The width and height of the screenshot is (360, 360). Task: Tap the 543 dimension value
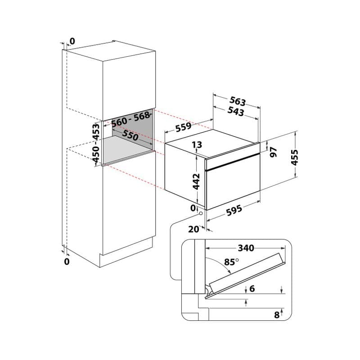(x=235, y=111)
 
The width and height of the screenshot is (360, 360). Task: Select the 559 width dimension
(x=184, y=127)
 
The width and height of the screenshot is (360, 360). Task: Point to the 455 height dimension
(x=294, y=157)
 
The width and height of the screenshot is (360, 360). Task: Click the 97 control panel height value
(x=273, y=152)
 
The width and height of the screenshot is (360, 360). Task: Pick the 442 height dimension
(x=196, y=181)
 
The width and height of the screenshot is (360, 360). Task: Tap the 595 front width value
(x=234, y=211)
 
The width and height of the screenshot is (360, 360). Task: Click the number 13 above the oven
(x=197, y=144)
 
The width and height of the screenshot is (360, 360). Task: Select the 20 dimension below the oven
(x=193, y=229)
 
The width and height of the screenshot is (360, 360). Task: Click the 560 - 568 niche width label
(x=130, y=120)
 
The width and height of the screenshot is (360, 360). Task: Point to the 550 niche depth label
(x=130, y=135)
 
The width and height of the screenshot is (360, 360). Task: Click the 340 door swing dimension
(x=246, y=248)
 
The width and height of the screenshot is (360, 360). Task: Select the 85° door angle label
(x=231, y=262)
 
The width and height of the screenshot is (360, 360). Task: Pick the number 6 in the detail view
(x=252, y=288)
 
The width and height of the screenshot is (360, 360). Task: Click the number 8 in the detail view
(x=277, y=315)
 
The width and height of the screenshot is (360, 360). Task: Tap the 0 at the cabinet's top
(x=72, y=41)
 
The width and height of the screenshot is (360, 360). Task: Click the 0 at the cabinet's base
(x=67, y=261)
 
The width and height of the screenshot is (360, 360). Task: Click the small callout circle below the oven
(x=201, y=213)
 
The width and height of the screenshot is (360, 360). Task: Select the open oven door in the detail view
(x=246, y=275)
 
